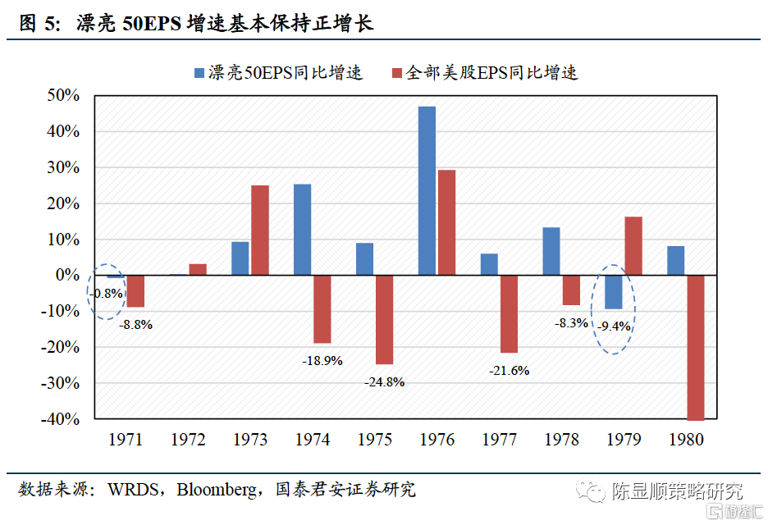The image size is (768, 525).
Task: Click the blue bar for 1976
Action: tap(427, 190)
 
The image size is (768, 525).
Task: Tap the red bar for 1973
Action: tap(259, 230)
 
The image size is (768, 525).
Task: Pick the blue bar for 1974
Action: tap(302, 230)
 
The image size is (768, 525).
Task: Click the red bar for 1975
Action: tap(384, 319)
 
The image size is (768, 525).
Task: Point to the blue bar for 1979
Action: tap(613, 291)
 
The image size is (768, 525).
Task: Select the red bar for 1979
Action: tap(633, 245)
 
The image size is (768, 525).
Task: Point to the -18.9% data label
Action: tap(322, 360)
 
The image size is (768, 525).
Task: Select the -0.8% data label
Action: tap(107, 293)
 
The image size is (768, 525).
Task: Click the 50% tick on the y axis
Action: tap(62, 95)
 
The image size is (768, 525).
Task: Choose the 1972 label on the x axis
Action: tap(188, 441)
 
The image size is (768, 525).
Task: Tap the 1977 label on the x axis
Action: tap(499, 441)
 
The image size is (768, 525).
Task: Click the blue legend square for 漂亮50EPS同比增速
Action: tap(198, 73)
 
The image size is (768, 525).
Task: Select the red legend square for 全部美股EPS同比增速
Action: tap(396, 73)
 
